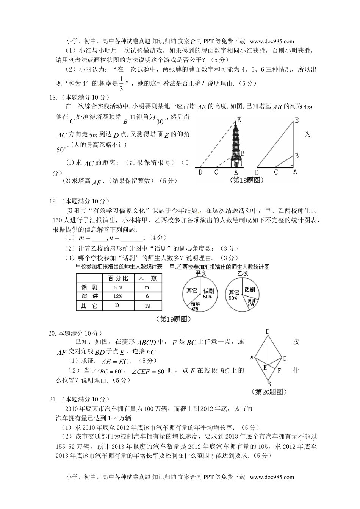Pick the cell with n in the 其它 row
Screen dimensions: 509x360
pyautogui.click(x=117, y=305)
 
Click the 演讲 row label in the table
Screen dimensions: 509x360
pyautogui.click(x=89, y=296)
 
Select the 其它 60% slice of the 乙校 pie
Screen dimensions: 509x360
pyautogui.click(x=233, y=295)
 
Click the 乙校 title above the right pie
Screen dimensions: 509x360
pyautogui.click(x=243, y=273)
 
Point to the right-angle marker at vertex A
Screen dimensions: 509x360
pyautogui.click(x=292, y=166)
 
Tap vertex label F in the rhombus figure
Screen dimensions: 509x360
pyautogui.click(x=279, y=371)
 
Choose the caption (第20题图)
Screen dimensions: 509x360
pyautogui.click(x=269, y=392)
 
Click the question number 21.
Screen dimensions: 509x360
pyautogui.click(x=53, y=399)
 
